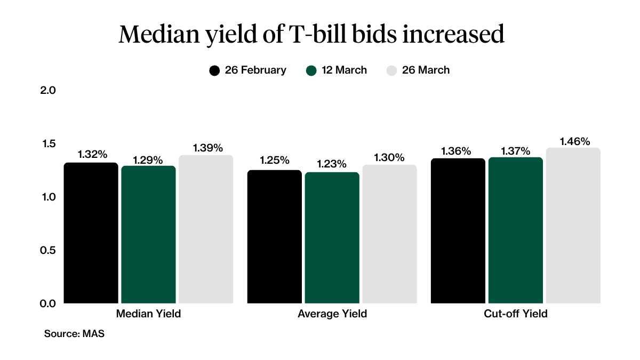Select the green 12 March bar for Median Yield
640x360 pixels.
(x=148, y=235)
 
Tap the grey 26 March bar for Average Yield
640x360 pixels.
(x=389, y=234)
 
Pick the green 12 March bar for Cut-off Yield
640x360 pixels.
(x=516, y=230)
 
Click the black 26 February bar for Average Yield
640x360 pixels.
(x=275, y=237)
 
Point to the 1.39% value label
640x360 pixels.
(x=208, y=148)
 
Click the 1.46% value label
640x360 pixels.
(x=575, y=141)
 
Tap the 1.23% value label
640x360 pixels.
(x=332, y=164)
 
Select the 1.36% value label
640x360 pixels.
(x=456, y=151)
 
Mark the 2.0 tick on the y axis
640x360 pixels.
(x=48, y=90)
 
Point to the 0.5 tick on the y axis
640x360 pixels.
(x=48, y=250)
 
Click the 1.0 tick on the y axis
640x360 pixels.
(x=48, y=197)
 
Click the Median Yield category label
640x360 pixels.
(x=148, y=314)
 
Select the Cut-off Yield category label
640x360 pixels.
(x=516, y=314)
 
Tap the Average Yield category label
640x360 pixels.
(x=332, y=314)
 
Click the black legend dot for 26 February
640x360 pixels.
(x=215, y=70)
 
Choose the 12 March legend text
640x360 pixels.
(x=344, y=70)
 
